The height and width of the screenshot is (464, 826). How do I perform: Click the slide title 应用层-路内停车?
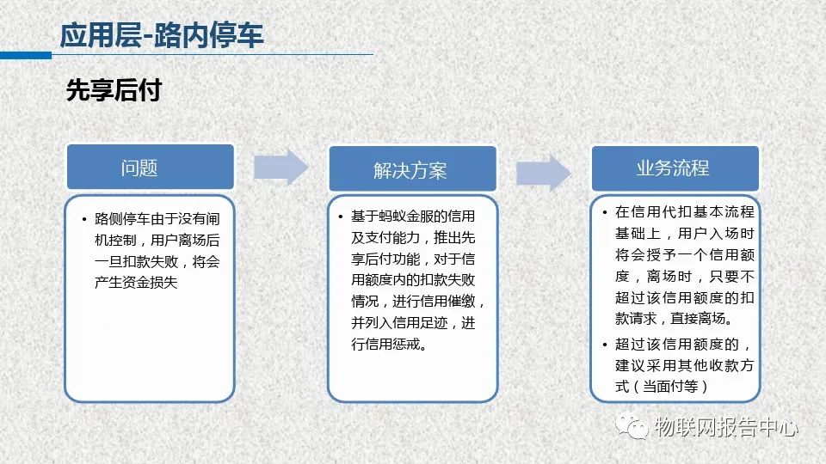pos(162,36)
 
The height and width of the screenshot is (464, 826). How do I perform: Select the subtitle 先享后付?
pos(114,90)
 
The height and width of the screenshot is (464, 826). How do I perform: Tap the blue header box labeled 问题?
pos(150,167)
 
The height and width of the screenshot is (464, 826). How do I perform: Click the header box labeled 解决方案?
pos(412,169)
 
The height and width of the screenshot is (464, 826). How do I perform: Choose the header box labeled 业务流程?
pos(675,168)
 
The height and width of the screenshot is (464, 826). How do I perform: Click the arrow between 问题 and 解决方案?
pos(280,168)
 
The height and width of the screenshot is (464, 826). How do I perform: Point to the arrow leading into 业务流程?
pos(543,173)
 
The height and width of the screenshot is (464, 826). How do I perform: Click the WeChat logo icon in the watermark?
pos(632,425)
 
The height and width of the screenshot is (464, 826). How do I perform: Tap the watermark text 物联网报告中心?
pos(726,426)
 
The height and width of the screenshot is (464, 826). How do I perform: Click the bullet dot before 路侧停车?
pos(84,219)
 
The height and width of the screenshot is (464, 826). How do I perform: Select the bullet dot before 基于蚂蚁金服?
pos(341,217)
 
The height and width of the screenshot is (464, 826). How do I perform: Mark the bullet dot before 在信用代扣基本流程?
pos(605,212)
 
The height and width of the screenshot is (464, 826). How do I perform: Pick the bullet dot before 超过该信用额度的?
pos(605,345)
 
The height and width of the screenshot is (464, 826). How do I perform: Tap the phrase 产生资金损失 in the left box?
pos(136,283)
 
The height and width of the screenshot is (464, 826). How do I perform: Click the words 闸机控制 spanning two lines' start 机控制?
pos(115,241)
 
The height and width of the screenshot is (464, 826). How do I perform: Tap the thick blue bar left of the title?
pos(26,55)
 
